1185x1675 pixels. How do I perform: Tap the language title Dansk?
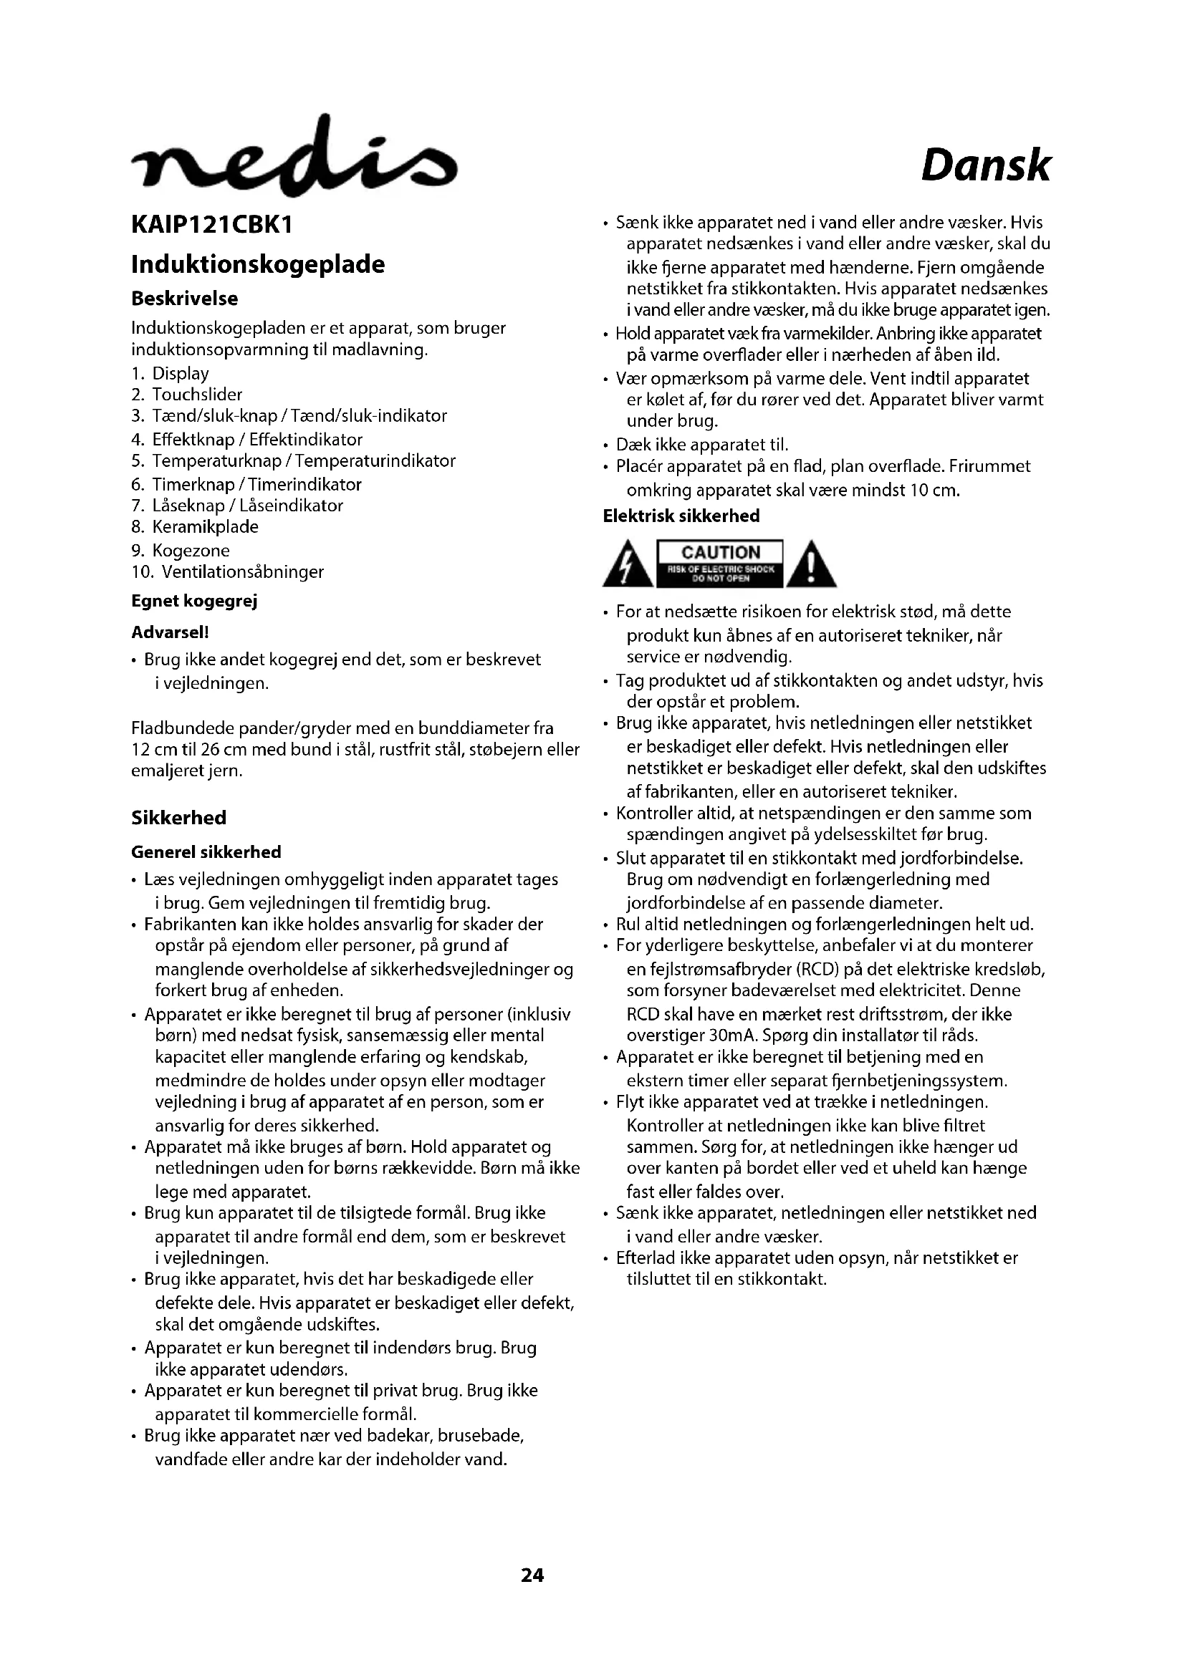point(985,166)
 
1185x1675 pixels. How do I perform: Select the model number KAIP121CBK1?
point(211,226)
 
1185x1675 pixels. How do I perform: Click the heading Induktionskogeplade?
point(258,264)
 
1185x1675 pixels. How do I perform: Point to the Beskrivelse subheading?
point(185,299)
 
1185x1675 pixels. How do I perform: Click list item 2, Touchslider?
point(196,395)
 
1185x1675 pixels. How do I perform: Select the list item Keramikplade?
point(205,527)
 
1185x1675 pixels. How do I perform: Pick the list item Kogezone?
point(191,551)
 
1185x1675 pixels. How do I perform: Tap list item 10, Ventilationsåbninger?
point(242,572)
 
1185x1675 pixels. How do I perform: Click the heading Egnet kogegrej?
point(194,601)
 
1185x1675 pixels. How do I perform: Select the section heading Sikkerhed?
point(179,818)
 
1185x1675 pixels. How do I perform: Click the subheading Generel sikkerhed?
point(206,852)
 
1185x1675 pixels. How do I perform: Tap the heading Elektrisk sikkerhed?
point(681,516)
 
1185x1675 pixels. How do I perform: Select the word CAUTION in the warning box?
point(720,552)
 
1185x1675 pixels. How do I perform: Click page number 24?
point(532,1575)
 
